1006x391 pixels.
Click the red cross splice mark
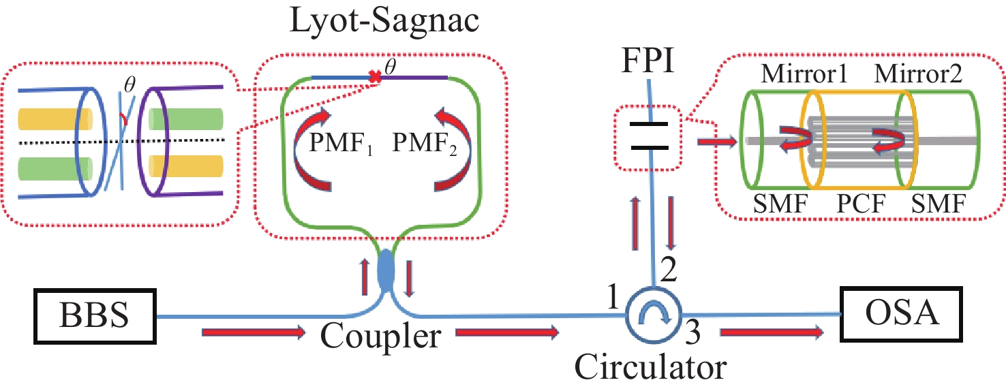pos(374,78)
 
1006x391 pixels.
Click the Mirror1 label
pos(808,72)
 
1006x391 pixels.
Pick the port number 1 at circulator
pos(616,297)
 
